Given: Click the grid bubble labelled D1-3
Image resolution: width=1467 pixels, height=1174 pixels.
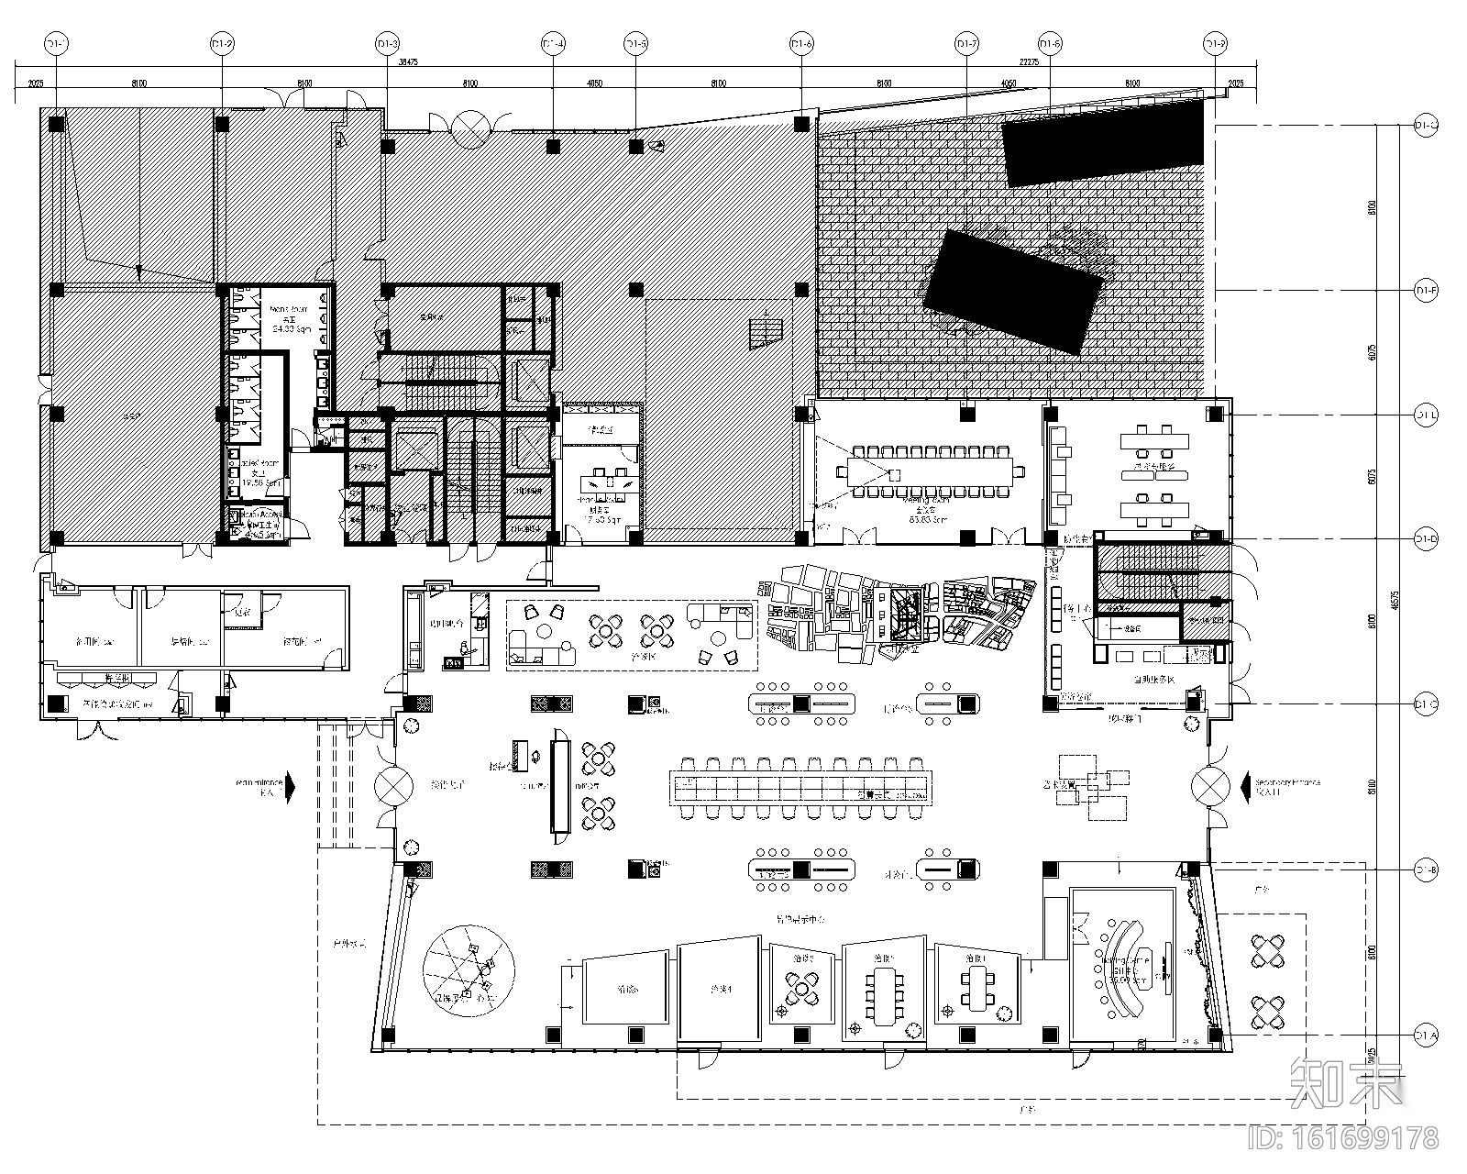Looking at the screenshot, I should click(x=388, y=43).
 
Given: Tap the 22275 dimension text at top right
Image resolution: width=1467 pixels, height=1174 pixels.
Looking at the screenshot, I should click(x=1030, y=62).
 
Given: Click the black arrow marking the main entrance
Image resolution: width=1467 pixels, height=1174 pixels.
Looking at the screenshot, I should click(x=291, y=786).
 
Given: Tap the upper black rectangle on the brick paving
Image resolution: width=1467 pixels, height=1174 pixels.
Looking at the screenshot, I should click(x=1103, y=142).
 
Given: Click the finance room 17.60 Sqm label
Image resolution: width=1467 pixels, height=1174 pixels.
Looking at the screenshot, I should click(x=601, y=514).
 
